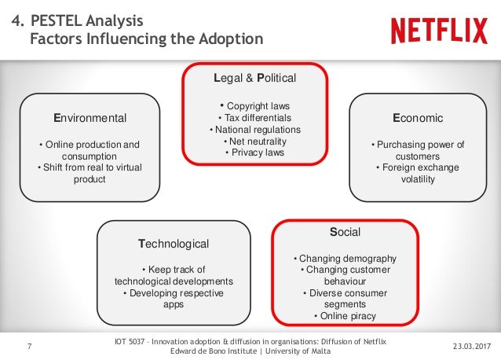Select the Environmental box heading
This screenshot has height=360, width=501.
(x=90, y=118)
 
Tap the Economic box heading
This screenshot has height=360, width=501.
(x=418, y=118)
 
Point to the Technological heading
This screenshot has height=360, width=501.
(x=174, y=244)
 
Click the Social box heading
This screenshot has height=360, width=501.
(x=345, y=233)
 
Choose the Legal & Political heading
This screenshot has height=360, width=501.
(x=255, y=79)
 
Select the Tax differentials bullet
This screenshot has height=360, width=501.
(x=254, y=118)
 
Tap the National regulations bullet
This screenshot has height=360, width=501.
(x=254, y=130)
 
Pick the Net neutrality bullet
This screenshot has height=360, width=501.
(x=254, y=141)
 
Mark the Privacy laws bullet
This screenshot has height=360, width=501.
(x=254, y=152)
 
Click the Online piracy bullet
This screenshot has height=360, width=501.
(x=345, y=316)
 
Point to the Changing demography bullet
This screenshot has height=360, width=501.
(x=345, y=259)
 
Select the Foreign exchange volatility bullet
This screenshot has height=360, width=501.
(x=417, y=173)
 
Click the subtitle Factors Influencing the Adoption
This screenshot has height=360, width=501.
(x=146, y=38)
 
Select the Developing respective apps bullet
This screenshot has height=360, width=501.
(x=174, y=299)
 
